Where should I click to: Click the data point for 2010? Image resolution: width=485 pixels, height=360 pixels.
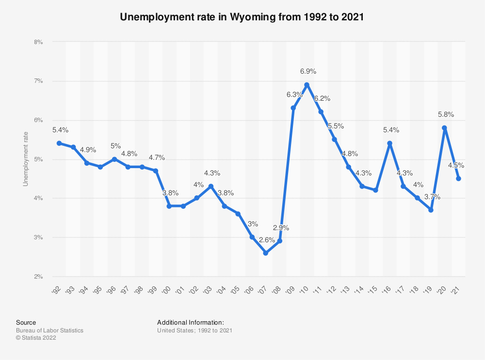tap(307, 85)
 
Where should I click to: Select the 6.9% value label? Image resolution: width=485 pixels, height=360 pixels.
tap(308, 71)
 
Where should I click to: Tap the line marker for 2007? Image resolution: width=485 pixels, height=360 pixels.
tap(265, 253)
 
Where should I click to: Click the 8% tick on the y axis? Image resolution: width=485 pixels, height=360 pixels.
tap(38, 42)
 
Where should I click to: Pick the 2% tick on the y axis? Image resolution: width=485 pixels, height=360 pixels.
tap(38, 277)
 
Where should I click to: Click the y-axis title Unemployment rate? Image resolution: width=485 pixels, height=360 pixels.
tap(26, 159)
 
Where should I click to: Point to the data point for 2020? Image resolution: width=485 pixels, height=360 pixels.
tap(444, 128)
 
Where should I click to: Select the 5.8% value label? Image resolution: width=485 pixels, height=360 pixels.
tap(446, 114)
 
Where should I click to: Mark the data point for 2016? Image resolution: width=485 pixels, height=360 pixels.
tap(389, 143)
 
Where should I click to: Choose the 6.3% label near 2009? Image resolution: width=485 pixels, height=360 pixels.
tap(294, 94)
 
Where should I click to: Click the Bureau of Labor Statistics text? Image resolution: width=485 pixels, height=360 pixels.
tap(49, 330)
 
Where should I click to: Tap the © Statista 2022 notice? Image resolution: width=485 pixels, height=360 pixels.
tap(36, 338)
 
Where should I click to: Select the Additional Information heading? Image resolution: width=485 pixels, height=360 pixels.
tap(191, 322)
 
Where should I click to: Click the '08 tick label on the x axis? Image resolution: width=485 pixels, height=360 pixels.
tap(279, 290)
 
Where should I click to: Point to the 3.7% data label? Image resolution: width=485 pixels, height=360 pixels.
tap(432, 197)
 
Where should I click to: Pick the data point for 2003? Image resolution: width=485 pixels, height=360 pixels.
tap(210, 187)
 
